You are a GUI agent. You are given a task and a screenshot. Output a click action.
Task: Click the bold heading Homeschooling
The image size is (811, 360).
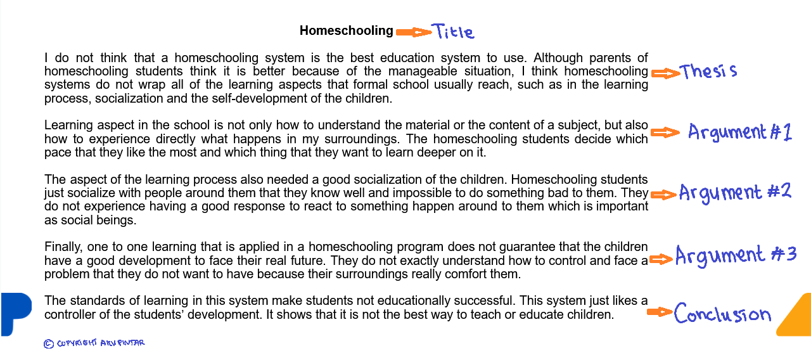pos(347,30)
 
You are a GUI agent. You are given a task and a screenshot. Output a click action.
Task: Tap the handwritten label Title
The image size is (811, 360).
pos(452,31)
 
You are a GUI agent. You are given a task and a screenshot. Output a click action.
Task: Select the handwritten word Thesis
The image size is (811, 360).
pos(708,71)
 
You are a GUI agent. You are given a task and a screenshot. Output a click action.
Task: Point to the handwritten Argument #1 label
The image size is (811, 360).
pos(739,132)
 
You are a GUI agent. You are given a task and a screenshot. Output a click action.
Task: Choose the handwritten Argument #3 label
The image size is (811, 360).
pos(735,255)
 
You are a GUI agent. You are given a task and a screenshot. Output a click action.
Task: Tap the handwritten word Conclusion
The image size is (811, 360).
pos(722,314)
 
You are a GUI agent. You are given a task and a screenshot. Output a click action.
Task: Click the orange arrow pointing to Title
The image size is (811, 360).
pos(413,32)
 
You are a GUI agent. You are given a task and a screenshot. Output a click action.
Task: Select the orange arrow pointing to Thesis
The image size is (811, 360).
pos(665,74)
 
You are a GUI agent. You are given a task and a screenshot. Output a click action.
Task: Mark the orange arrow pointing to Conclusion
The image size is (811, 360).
pos(659,312)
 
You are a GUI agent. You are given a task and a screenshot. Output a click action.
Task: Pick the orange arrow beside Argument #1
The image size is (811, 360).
pos(665,132)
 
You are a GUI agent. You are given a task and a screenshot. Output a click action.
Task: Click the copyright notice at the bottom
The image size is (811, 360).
pos(94,343)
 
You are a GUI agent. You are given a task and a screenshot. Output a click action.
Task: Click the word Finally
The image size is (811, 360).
pos(62,247)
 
